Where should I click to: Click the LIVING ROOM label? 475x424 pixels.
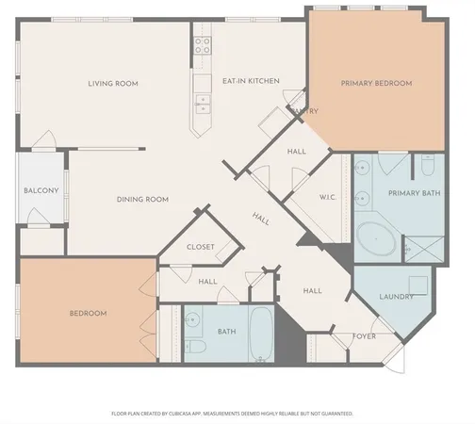tap(113, 84)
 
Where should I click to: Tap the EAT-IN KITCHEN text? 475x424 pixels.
tap(251, 82)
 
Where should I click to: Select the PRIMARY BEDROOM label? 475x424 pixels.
tap(376, 84)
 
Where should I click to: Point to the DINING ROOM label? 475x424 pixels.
tap(142, 199)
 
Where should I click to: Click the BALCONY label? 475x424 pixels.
tap(41, 191)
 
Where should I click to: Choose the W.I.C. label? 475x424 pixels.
tap(328, 198)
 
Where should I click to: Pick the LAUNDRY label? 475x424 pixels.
tap(397, 298)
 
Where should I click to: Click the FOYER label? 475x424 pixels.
tap(365, 336)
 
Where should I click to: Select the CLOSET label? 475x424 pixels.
tap(201, 248)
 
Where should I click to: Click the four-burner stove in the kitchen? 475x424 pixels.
tap(203, 43)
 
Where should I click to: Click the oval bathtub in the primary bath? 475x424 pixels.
tap(377, 239)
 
